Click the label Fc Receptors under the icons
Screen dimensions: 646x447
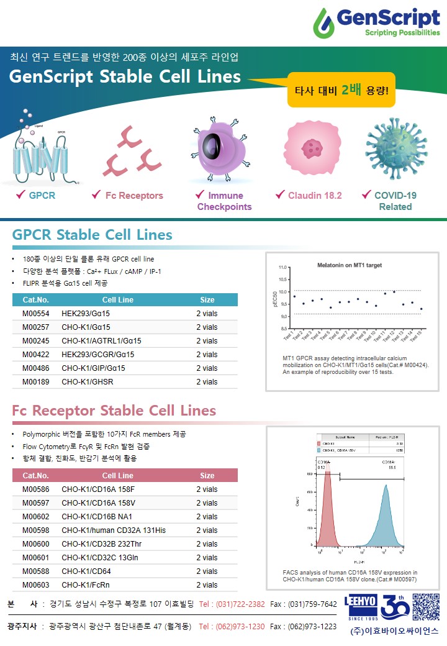click(x=133, y=196)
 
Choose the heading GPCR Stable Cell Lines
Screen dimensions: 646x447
click(x=92, y=235)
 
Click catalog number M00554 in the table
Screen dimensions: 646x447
click(x=36, y=314)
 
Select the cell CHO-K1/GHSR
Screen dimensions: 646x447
click(x=88, y=382)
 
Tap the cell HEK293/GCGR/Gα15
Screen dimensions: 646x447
click(x=98, y=355)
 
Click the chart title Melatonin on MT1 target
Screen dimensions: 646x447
click(x=350, y=265)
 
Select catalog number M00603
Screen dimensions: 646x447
click(x=36, y=585)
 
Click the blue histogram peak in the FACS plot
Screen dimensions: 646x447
click(x=386, y=516)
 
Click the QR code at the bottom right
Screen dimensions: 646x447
click(x=425, y=607)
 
